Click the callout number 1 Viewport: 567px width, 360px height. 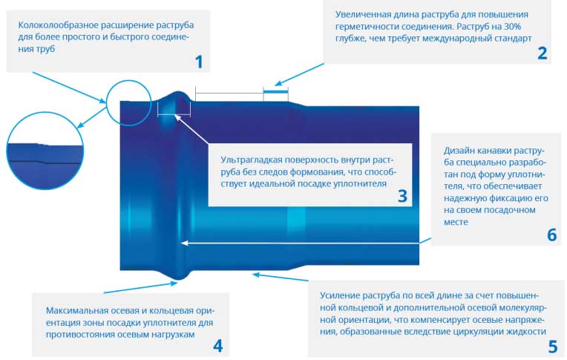click(x=199, y=62)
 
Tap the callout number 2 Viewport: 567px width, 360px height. click(x=542, y=53)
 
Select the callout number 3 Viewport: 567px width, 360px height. click(x=402, y=196)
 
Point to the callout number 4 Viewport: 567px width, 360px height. click(x=217, y=346)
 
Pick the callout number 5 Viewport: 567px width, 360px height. click(x=553, y=347)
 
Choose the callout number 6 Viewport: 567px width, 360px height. click(x=552, y=235)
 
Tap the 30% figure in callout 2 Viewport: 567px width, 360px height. click(x=511, y=27)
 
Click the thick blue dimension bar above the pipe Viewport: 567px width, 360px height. click(x=275, y=91)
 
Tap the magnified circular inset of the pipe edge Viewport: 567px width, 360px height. click(x=45, y=151)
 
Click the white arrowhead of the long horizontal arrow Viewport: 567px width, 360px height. click(x=184, y=243)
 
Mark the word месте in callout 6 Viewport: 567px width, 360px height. click(x=456, y=222)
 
